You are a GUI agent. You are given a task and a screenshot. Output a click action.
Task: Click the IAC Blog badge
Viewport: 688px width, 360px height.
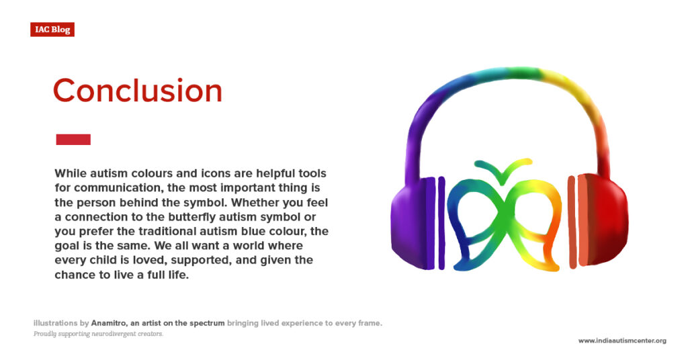pyautogui.click(x=52, y=30)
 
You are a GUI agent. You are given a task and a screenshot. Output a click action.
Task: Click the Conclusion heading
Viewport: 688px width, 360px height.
pyautogui.click(x=137, y=91)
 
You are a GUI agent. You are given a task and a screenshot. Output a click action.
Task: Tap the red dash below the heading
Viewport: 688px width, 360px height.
pyautogui.click(x=73, y=140)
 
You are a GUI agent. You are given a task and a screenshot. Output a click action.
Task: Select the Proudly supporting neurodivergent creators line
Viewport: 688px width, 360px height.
pyautogui.click(x=98, y=334)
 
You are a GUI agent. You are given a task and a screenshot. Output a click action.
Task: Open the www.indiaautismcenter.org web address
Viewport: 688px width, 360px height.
pyautogui.click(x=622, y=341)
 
